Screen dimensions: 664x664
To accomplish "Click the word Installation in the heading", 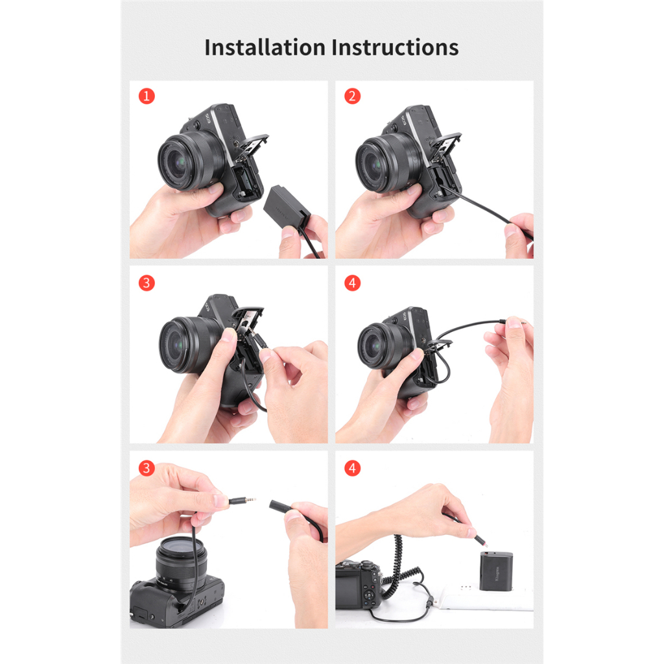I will (x=265, y=47).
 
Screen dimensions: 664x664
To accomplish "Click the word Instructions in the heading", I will (x=395, y=47).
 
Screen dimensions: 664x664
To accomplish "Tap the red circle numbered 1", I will (x=147, y=97).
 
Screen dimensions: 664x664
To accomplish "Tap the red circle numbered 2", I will (x=352, y=97).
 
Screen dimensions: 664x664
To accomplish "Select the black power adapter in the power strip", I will (x=496, y=571).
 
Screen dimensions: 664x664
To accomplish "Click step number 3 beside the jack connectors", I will (x=147, y=468).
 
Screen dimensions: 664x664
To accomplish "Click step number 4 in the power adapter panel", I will (x=352, y=468).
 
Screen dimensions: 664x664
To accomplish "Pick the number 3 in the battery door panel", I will (x=147, y=283).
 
